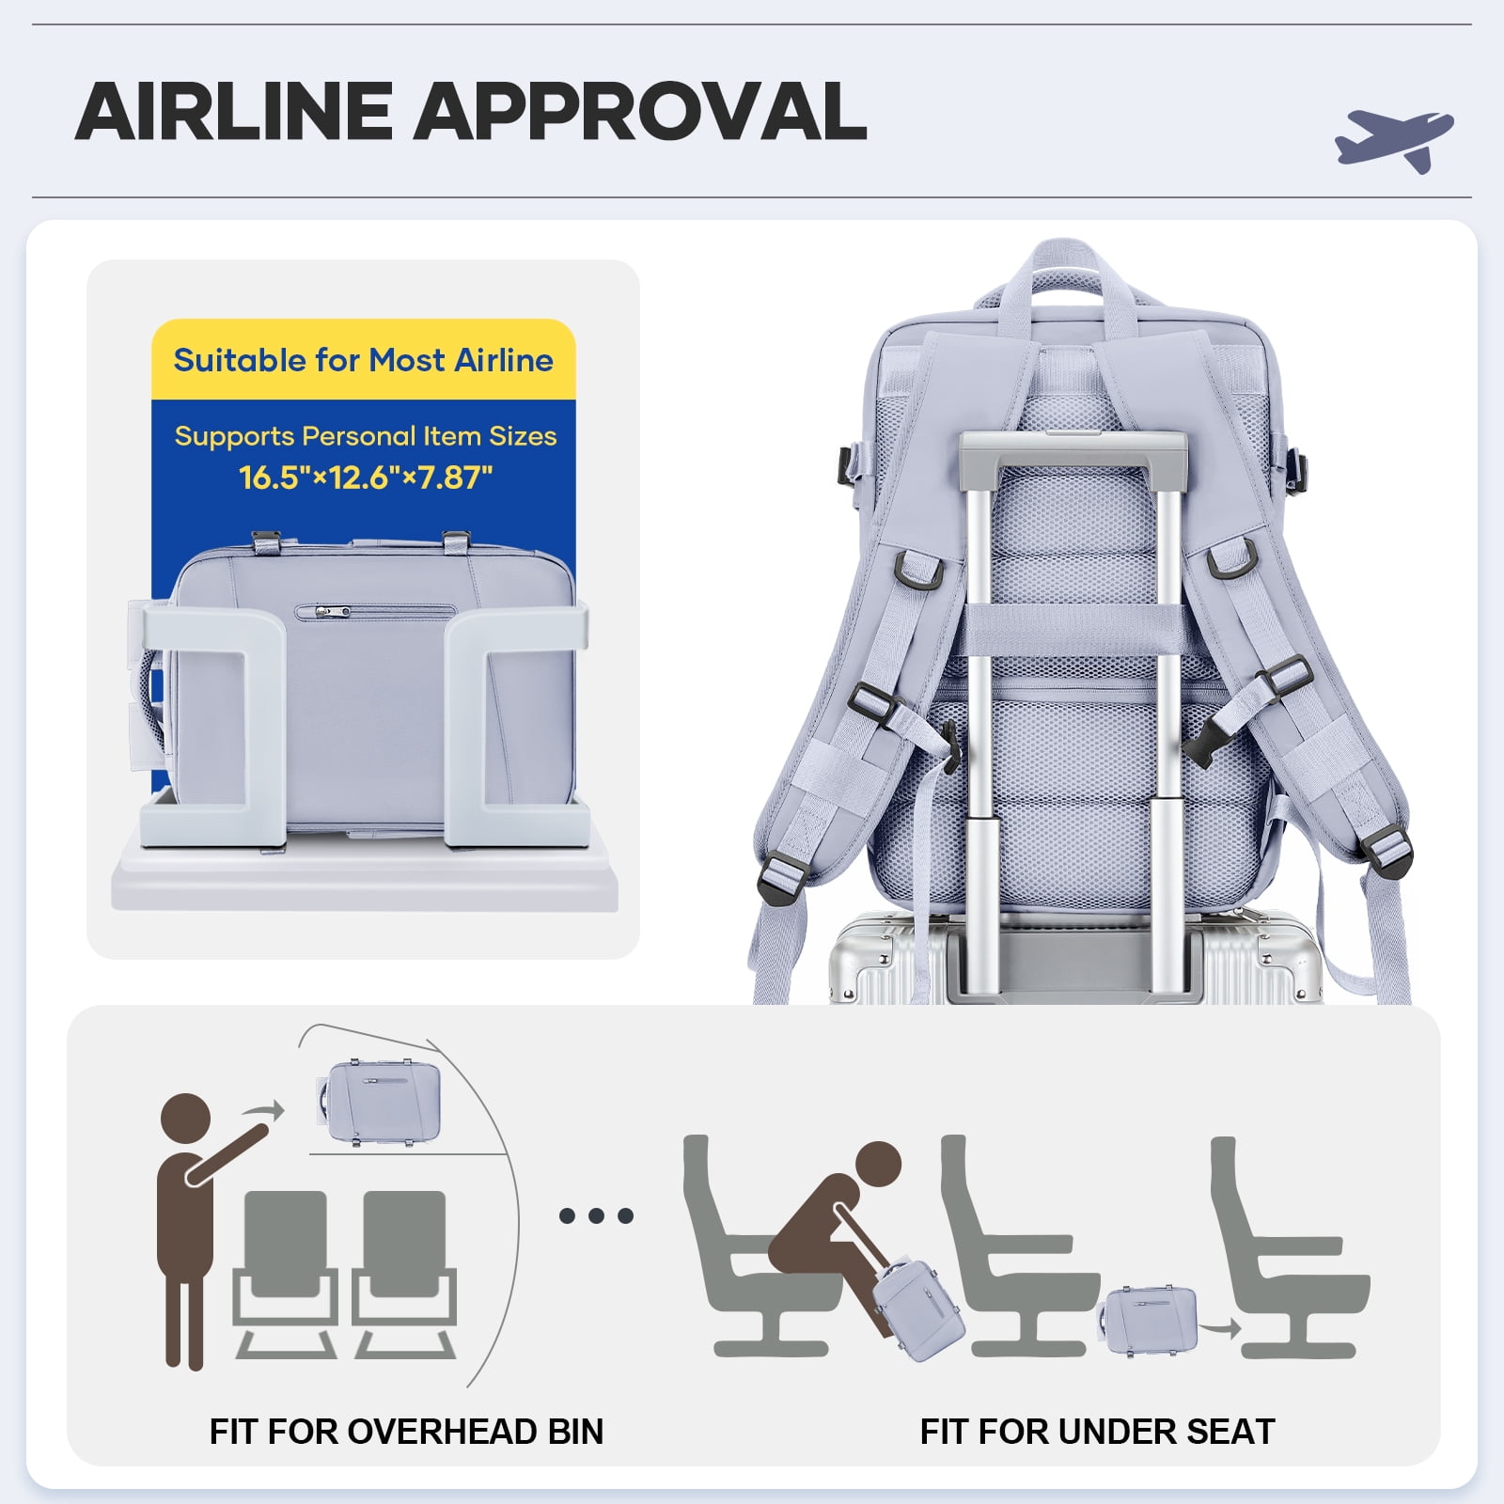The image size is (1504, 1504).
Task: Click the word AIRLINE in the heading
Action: (x=234, y=112)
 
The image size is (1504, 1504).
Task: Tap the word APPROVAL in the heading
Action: (x=640, y=112)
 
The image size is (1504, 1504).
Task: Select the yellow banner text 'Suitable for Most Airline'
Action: (x=364, y=360)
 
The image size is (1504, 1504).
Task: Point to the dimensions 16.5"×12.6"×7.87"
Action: (x=366, y=478)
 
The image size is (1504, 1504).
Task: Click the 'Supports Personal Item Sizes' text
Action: (x=366, y=436)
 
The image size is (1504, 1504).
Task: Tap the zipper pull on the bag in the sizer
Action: (x=322, y=611)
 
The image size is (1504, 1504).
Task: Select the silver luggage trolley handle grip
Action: (x=1071, y=450)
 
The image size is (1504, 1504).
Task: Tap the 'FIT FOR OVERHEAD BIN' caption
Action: (x=406, y=1432)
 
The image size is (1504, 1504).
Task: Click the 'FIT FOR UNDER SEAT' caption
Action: (x=1097, y=1432)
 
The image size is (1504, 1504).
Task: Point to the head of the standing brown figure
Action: (x=185, y=1119)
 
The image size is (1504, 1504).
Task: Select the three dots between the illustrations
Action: (x=596, y=1216)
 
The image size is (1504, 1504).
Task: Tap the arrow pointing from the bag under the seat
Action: (x=1221, y=1328)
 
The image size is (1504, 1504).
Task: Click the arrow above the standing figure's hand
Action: (x=263, y=1112)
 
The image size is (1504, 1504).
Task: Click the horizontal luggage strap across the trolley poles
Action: (x=1071, y=628)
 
